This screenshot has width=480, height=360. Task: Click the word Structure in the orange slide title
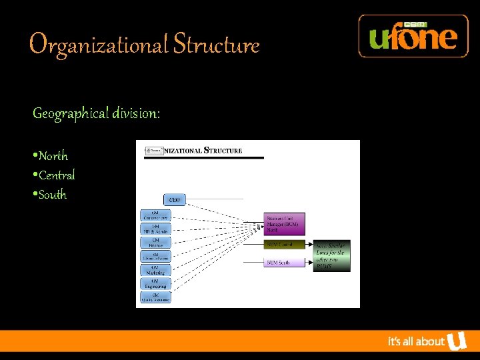click(x=216, y=45)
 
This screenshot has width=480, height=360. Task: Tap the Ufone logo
click(x=413, y=36)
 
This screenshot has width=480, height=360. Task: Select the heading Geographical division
click(x=97, y=114)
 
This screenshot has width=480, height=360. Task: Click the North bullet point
click(x=52, y=156)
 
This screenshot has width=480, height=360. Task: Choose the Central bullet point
click(x=55, y=175)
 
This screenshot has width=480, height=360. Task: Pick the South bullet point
click(x=51, y=195)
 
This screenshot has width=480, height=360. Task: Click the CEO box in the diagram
click(x=175, y=199)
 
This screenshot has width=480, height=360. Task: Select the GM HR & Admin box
click(x=155, y=229)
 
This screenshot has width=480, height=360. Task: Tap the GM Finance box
click(x=155, y=243)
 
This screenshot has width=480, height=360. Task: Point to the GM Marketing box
click(x=155, y=270)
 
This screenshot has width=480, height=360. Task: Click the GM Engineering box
click(x=155, y=283)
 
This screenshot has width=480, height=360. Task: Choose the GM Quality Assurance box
click(x=155, y=297)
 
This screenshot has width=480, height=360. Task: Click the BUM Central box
click(x=285, y=245)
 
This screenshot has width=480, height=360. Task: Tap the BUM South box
click(x=285, y=263)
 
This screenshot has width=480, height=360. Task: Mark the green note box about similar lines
click(x=333, y=255)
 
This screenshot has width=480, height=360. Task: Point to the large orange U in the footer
click(x=457, y=341)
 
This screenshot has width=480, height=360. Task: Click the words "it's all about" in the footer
click(x=416, y=342)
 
